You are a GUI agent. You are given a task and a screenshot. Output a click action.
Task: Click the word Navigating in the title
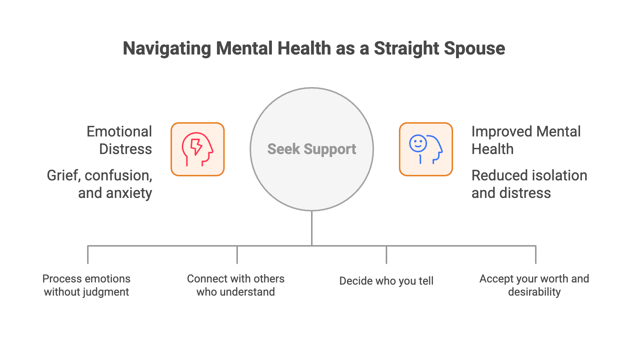(167, 49)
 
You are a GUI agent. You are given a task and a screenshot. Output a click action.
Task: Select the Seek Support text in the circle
(312, 149)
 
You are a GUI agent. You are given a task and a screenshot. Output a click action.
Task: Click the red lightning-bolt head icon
(198, 149)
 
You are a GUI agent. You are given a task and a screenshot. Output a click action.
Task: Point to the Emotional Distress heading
(119, 140)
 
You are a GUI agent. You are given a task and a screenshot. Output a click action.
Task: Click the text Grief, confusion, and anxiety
(100, 184)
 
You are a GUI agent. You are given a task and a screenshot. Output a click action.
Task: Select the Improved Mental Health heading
(526, 140)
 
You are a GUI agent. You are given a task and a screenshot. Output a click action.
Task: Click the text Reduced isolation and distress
(529, 184)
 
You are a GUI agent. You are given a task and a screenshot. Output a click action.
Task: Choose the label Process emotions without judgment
(86, 285)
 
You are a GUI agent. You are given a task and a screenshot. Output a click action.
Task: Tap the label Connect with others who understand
(236, 285)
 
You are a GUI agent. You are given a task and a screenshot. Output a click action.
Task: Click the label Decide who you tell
(386, 281)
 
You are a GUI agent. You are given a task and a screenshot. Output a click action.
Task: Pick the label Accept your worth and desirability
(534, 285)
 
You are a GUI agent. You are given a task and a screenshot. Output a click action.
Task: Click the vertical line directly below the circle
(312, 228)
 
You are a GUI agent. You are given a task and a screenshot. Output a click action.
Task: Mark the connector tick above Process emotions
(88, 255)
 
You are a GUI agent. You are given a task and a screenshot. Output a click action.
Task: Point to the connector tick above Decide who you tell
(386, 255)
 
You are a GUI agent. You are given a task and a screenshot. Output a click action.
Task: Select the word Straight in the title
(405, 49)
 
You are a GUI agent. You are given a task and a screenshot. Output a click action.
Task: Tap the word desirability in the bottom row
(534, 292)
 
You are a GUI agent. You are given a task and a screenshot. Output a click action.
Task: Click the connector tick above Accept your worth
(536, 255)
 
